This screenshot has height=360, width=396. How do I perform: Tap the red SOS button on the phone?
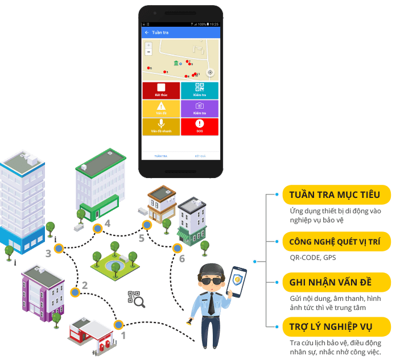(x=199, y=126)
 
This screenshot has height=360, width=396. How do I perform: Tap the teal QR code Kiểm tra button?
(x=199, y=90)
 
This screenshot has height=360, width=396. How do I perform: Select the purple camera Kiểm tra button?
(x=199, y=109)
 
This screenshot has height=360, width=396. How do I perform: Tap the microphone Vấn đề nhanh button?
(x=161, y=126)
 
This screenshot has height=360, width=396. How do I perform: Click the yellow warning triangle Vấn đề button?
(x=161, y=109)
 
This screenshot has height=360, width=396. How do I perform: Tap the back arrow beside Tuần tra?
(x=147, y=32)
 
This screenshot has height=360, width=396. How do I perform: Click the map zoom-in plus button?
(x=148, y=45)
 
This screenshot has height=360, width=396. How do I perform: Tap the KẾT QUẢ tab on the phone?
(x=200, y=155)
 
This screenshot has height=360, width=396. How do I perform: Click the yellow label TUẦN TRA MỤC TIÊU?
(x=336, y=195)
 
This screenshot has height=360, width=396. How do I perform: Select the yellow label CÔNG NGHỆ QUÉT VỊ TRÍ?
(x=336, y=242)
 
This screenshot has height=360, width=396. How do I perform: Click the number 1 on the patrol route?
(x=123, y=336)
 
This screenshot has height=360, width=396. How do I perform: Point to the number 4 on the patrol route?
(x=108, y=223)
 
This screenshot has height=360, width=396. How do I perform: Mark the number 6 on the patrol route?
(x=181, y=259)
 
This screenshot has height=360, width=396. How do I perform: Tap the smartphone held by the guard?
(x=237, y=281)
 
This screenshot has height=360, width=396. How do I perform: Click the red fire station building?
(x=90, y=334)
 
